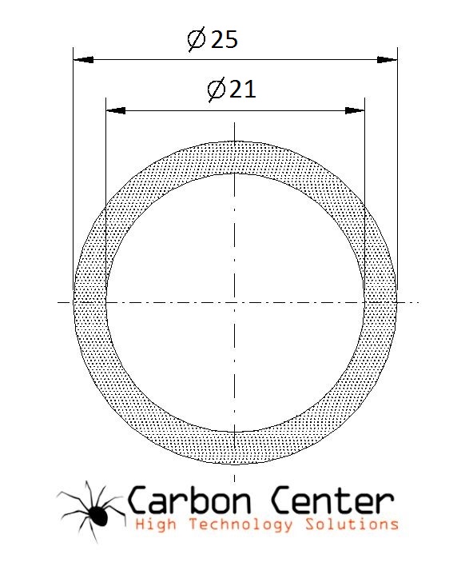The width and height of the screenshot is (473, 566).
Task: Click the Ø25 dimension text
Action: coord(213,39)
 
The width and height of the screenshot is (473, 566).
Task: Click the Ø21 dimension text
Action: coord(232,90)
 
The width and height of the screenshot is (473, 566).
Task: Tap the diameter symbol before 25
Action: coord(197,40)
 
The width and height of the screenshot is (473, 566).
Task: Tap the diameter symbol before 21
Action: coord(217,90)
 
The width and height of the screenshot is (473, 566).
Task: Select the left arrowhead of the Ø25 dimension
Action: coord(83,60)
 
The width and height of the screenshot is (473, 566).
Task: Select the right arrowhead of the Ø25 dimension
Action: coord(388,60)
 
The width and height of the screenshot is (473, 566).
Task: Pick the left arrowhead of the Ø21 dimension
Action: coord(116,110)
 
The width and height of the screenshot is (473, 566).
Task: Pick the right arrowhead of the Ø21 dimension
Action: coord(355,110)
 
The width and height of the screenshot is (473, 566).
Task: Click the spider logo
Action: coord(91,512)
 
